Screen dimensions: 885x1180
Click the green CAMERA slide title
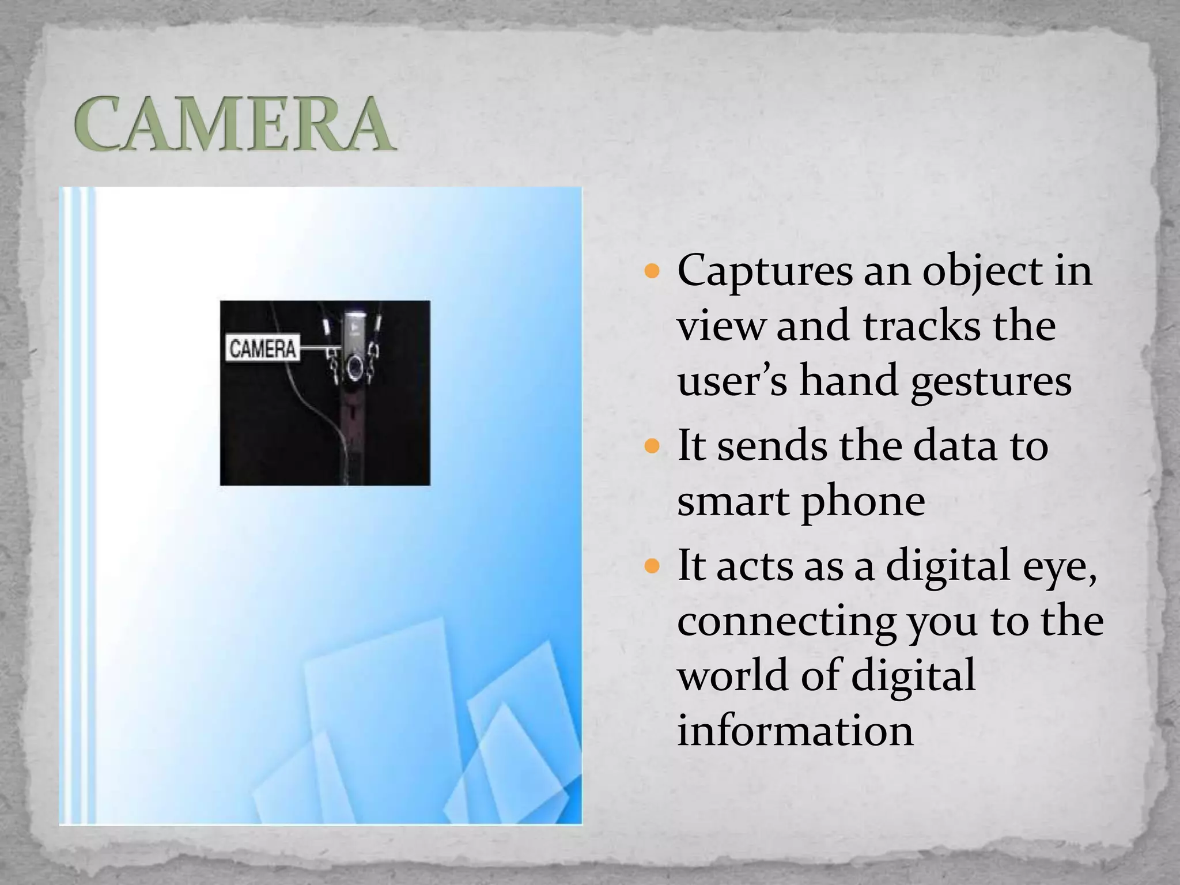234,124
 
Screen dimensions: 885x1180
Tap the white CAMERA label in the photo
262,348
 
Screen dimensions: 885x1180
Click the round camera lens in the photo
355,367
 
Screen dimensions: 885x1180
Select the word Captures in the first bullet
764,271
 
